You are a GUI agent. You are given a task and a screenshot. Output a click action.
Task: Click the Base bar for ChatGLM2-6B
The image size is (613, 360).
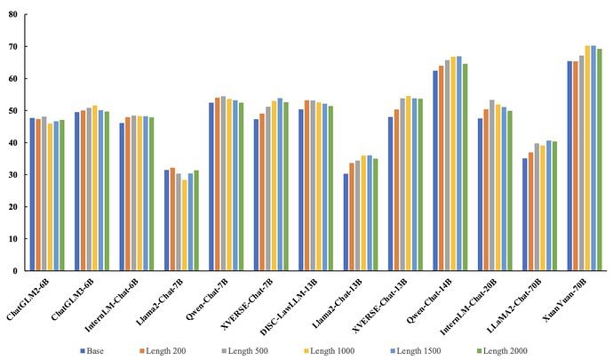click(33, 194)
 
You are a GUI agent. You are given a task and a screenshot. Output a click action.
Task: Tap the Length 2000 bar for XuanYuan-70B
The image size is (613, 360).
click(600, 160)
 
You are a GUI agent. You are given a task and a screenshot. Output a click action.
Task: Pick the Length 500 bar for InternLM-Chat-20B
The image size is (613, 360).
click(492, 185)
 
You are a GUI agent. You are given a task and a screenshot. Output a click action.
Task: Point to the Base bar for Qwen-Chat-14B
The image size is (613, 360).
click(435, 171)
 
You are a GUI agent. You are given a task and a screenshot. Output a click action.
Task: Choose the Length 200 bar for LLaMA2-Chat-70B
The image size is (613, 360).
click(530, 212)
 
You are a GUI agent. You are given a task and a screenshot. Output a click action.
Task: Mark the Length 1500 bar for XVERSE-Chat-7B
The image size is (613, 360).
click(280, 184)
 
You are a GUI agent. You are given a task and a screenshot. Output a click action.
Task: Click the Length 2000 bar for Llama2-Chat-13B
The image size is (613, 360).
click(375, 214)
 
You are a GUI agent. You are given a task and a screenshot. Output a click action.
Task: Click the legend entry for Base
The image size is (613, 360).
click(92, 351)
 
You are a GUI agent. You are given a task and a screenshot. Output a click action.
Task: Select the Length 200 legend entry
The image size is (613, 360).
click(163, 351)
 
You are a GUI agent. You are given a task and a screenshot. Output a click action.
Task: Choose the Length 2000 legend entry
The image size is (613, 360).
click(502, 351)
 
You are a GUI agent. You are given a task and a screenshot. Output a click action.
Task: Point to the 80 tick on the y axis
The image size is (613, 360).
click(12, 14)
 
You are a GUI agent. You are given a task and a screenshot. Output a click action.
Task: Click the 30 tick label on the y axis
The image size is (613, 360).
click(12, 175)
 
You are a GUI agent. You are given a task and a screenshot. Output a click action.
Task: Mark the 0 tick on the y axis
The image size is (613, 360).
click(15, 271)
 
